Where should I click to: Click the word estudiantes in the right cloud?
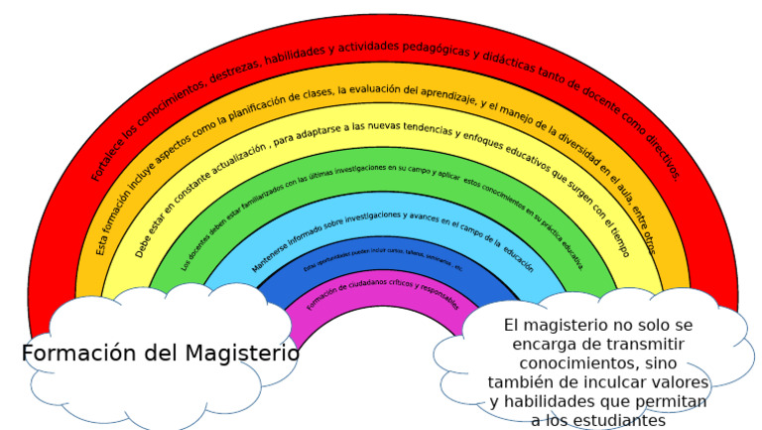coord(615,421)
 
